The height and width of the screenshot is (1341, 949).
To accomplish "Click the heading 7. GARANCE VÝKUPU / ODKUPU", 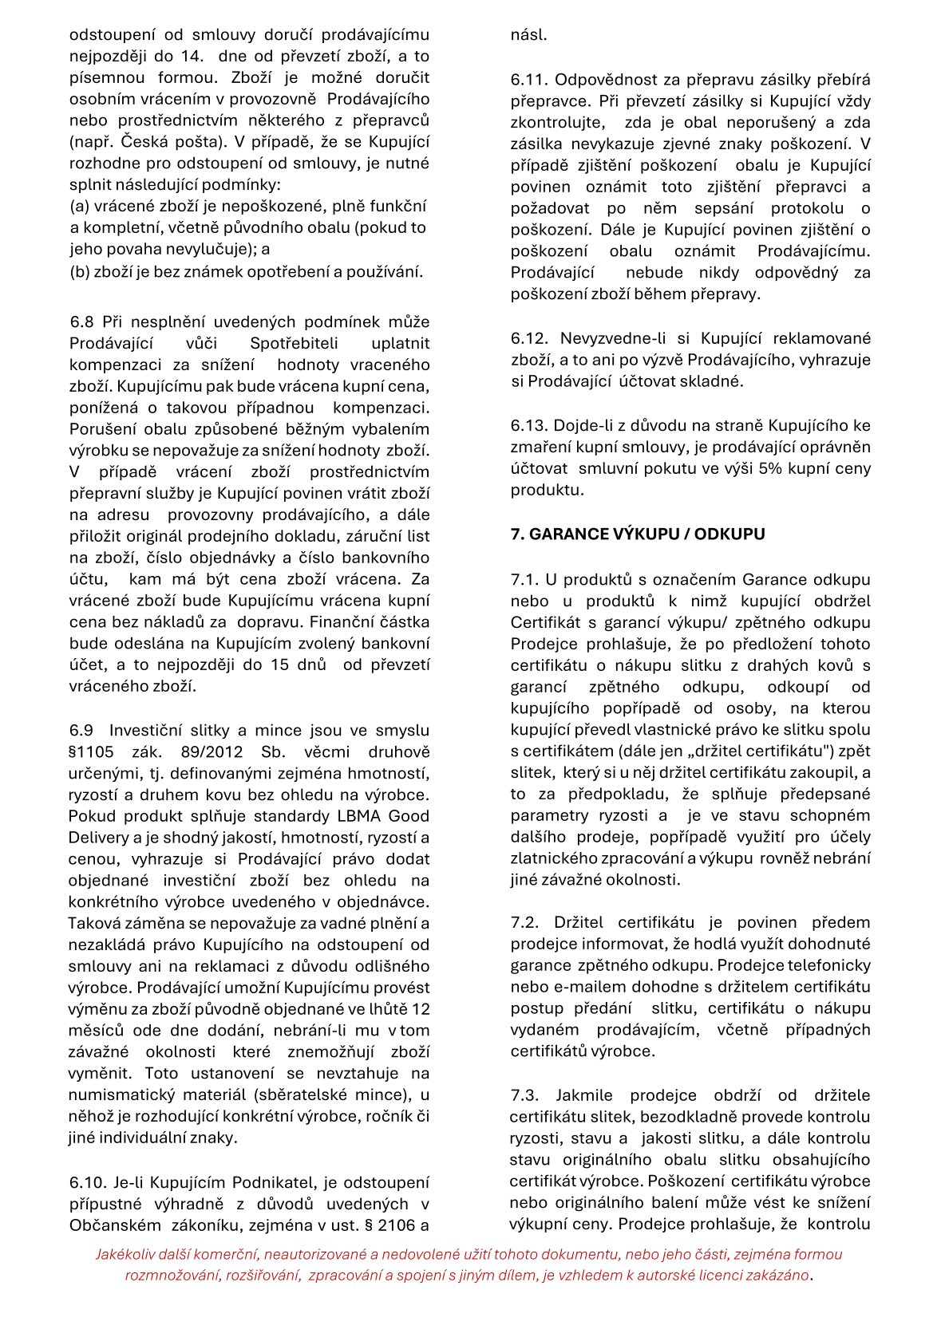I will pos(637,534).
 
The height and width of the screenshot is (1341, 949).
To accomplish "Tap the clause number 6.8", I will pos(81,322).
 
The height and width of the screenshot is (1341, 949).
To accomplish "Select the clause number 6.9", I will pos(81,731).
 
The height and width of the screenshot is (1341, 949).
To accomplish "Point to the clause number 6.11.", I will pos(528,80).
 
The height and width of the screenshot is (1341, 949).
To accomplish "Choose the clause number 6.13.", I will pos(528,425).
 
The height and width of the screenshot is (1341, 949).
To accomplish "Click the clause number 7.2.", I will pos(524,923).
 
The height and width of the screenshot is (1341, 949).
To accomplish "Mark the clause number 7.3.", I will pos(524,1095).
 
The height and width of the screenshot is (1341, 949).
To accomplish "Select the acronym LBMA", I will pos(358,816).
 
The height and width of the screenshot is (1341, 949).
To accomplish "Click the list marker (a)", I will pos(79,206).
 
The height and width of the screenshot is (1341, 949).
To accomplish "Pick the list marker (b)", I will pos(79,272).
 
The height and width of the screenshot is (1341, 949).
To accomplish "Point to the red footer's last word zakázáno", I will pos(778,1275).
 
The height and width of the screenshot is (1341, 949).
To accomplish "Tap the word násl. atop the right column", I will pos(529,35).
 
